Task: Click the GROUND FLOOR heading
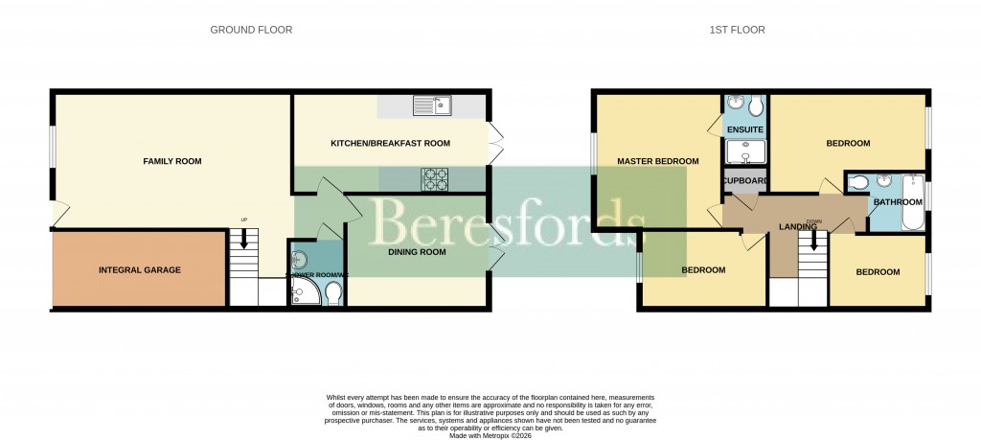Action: (251, 30)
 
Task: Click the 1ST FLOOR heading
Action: (737, 30)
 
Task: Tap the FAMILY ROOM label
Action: (172, 161)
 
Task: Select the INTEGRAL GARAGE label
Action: (140, 270)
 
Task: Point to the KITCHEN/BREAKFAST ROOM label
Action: (390, 143)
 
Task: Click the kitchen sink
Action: (433, 105)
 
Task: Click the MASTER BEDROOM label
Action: (657, 161)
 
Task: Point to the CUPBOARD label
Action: (744, 180)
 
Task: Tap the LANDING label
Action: (797, 227)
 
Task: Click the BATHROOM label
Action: (896, 202)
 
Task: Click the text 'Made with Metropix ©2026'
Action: (490, 434)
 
